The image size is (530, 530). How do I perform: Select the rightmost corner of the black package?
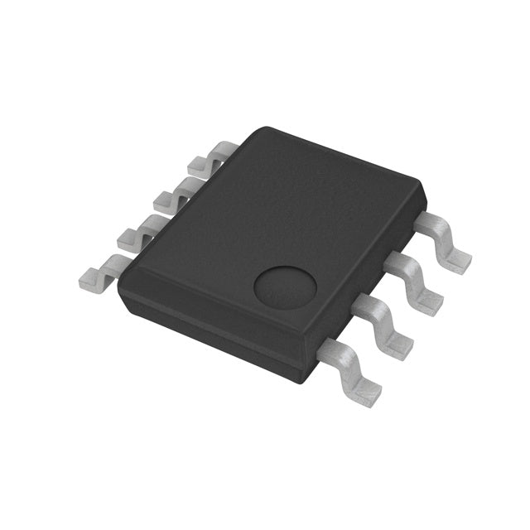(x=425, y=195)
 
